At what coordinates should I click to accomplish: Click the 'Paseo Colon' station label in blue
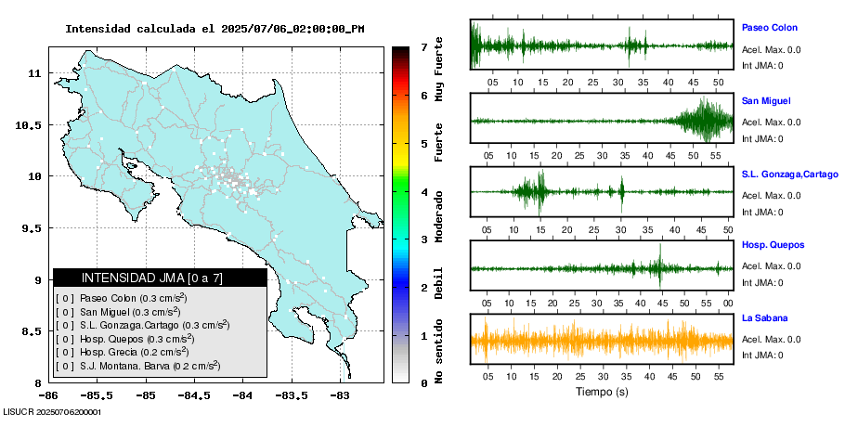[x=769, y=28]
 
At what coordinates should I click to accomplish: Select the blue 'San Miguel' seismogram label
[x=766, y=100]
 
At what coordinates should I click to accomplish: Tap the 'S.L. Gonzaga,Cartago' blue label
[x=789, y=174]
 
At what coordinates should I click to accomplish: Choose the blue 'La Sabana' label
[x=765, y=317]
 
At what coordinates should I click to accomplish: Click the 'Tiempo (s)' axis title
[x=602, y=392]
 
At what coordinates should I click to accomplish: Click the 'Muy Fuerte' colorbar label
[x=438, y=70]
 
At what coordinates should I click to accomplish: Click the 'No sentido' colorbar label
[x=438, y=352]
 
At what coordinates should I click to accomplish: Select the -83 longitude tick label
[x=339, y=395]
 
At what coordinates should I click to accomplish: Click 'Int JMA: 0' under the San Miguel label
[x=761, y=138]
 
